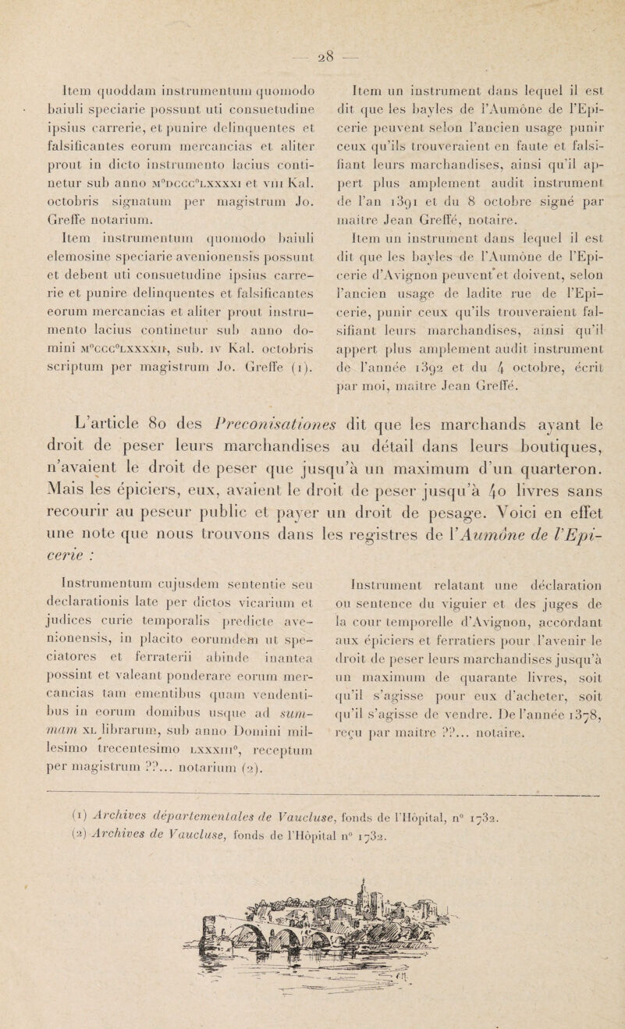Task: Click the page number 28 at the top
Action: (x=311, y=17)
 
